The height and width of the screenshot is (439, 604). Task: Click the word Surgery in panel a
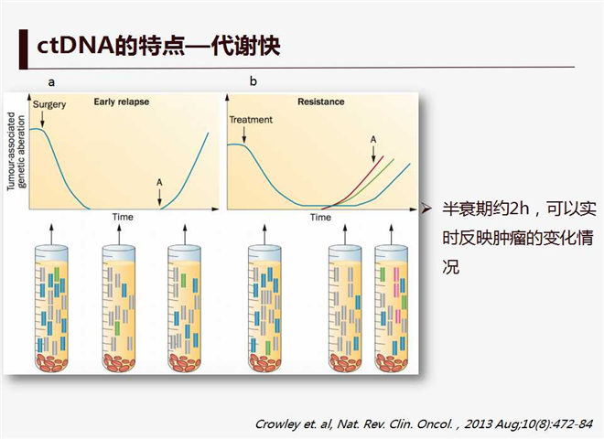point(49,105)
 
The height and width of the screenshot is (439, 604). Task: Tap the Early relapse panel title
point(122,102)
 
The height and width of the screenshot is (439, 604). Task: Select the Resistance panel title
point(321,102)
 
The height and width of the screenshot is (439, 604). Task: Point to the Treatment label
point(251,120)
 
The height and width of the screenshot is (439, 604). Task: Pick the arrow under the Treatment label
point(244,134)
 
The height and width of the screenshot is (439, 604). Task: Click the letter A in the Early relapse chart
point(159,182)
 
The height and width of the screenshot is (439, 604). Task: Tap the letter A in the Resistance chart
point(372,139)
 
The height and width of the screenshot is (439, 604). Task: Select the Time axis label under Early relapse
point(123,217)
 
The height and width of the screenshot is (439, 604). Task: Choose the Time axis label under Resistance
point(320,218)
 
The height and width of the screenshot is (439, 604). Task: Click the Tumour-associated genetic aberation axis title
point(16,151)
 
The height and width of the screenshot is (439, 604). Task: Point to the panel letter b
point(253,80)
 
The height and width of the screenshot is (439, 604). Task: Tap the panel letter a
point(51,82)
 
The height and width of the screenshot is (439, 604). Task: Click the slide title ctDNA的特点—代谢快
point(158,46)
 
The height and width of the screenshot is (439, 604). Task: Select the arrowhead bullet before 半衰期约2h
point(426,209)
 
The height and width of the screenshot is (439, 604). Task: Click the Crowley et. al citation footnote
point(424,424)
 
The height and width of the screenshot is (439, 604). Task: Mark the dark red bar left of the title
point(24,49)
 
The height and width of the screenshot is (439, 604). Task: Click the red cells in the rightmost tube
point(392,362)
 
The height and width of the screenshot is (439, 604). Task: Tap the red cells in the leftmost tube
point(51,362)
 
